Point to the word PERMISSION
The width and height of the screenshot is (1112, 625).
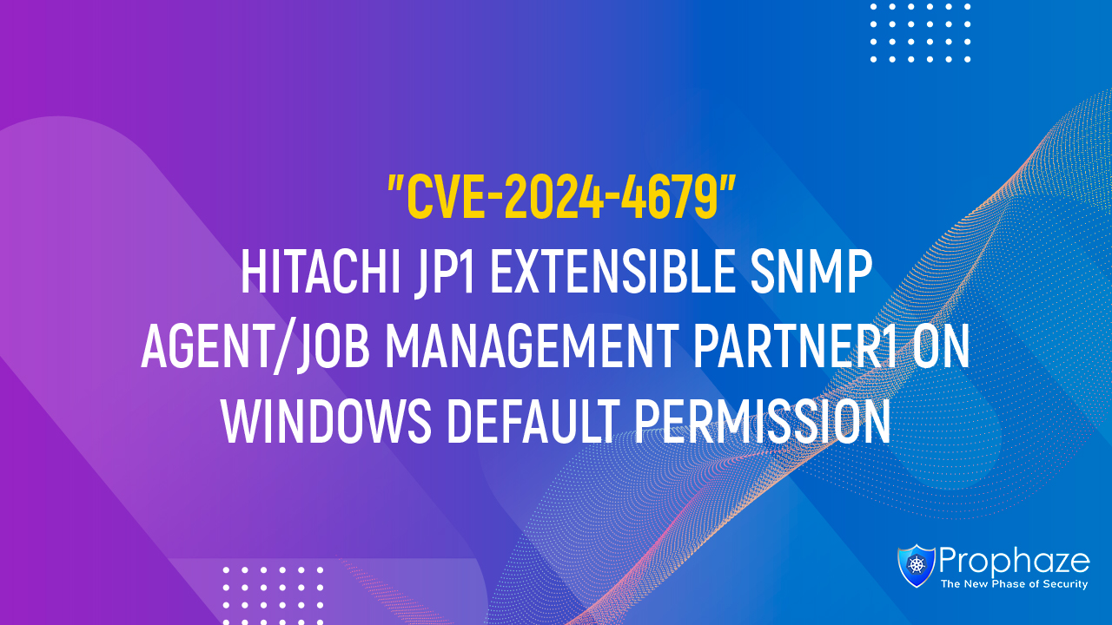pos(763,423)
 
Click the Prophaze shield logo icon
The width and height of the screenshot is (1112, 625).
pos(916,565)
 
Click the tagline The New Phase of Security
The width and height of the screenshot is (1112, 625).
pos(1014,585)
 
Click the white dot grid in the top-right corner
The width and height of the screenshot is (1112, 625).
pos(921,32)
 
